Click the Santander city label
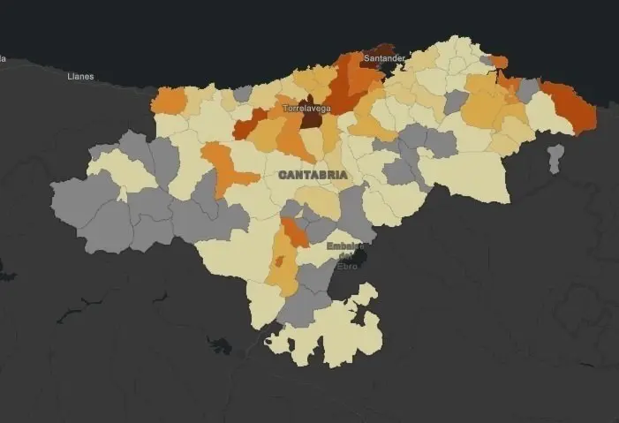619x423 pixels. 384,58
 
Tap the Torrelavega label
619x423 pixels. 306,108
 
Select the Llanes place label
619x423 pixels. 80,77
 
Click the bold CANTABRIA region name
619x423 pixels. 313,175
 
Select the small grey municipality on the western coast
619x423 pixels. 243,93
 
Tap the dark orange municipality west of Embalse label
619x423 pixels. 295,233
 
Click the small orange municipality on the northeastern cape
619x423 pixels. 500,61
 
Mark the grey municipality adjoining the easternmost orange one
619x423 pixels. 528,90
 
